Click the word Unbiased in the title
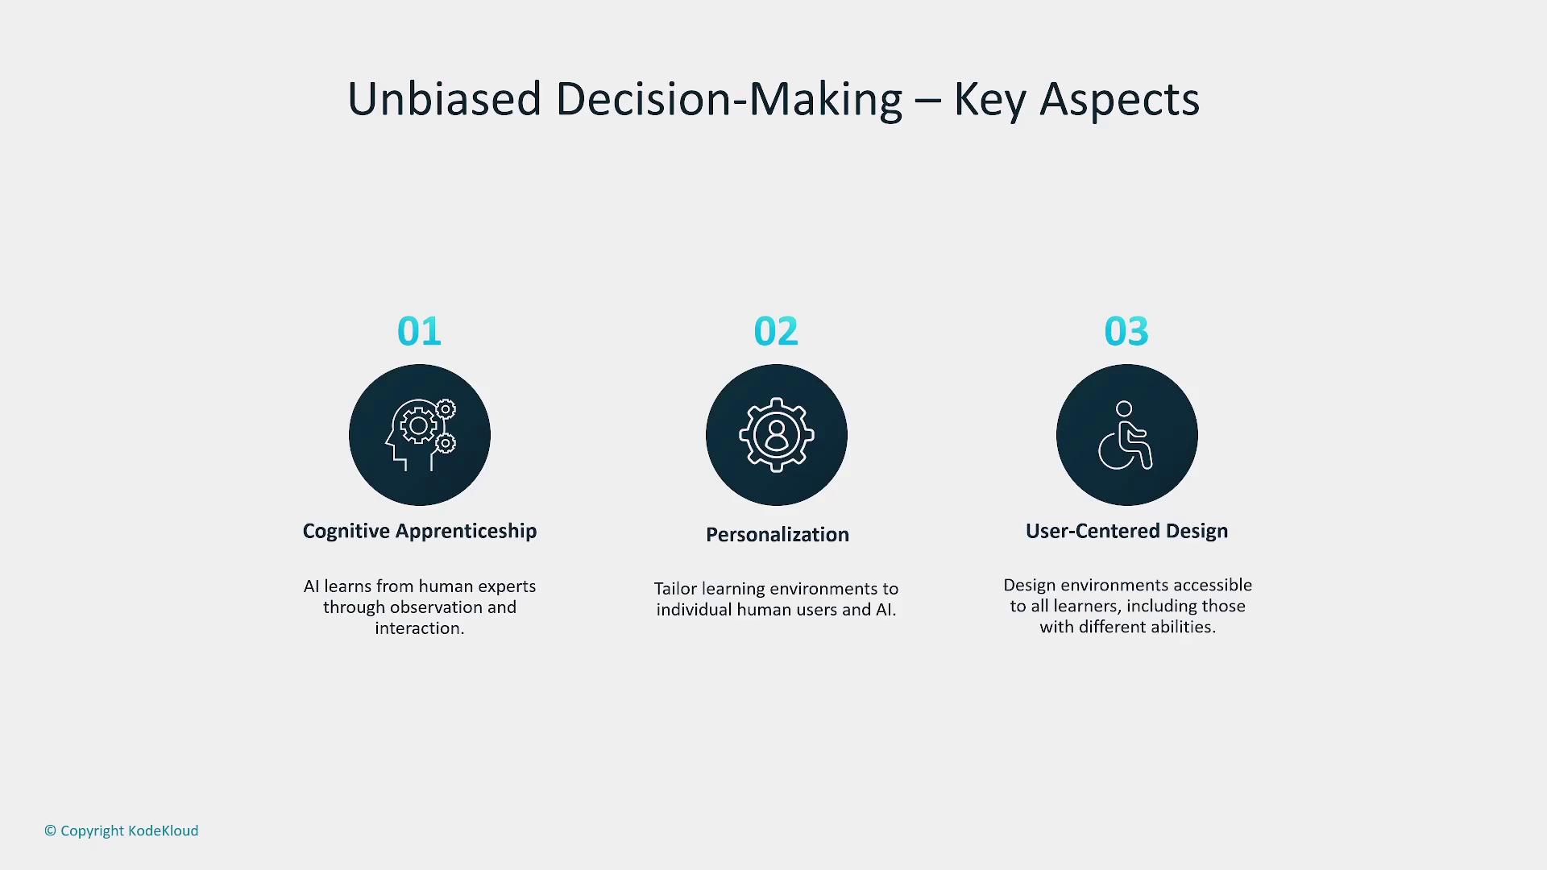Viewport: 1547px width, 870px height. [x=444, y=99]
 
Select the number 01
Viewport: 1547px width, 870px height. [x=419, y=331]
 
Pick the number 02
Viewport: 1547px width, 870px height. [x=776, y=331]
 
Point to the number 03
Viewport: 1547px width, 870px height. [x=1126, y=331]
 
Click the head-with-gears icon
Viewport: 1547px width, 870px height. [x=420, y=435]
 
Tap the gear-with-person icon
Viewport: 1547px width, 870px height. [x=777, y=435]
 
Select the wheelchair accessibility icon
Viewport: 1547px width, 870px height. [x=1126, y=435]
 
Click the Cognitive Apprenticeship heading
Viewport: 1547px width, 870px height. [x=420, y=532]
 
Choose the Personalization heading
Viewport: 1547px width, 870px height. [x=778, y=534]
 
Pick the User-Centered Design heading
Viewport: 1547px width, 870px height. [x=1127, y=532]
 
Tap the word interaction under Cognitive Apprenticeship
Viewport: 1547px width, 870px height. [x=417, y=628]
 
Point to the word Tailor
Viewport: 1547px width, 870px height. [x=675, y=589]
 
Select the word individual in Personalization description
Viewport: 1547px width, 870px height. [x=694, y=610]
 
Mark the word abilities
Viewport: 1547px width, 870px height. [x=1183, y=627]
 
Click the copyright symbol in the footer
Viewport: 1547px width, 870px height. [x=50, y=831]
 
